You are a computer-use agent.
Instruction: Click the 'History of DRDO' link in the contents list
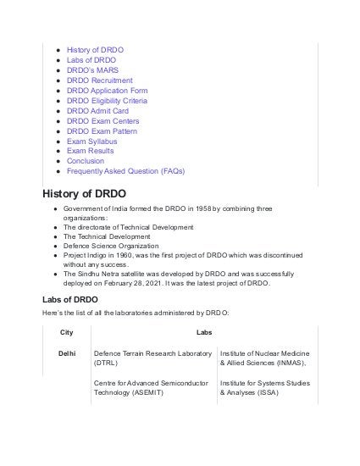(95, 50)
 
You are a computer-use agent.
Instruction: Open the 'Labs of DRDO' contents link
(91, 61)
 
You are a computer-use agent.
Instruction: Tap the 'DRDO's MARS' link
(91, 72)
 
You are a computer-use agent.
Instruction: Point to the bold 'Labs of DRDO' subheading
(70, 300)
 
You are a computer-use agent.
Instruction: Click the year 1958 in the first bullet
(201, 208)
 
